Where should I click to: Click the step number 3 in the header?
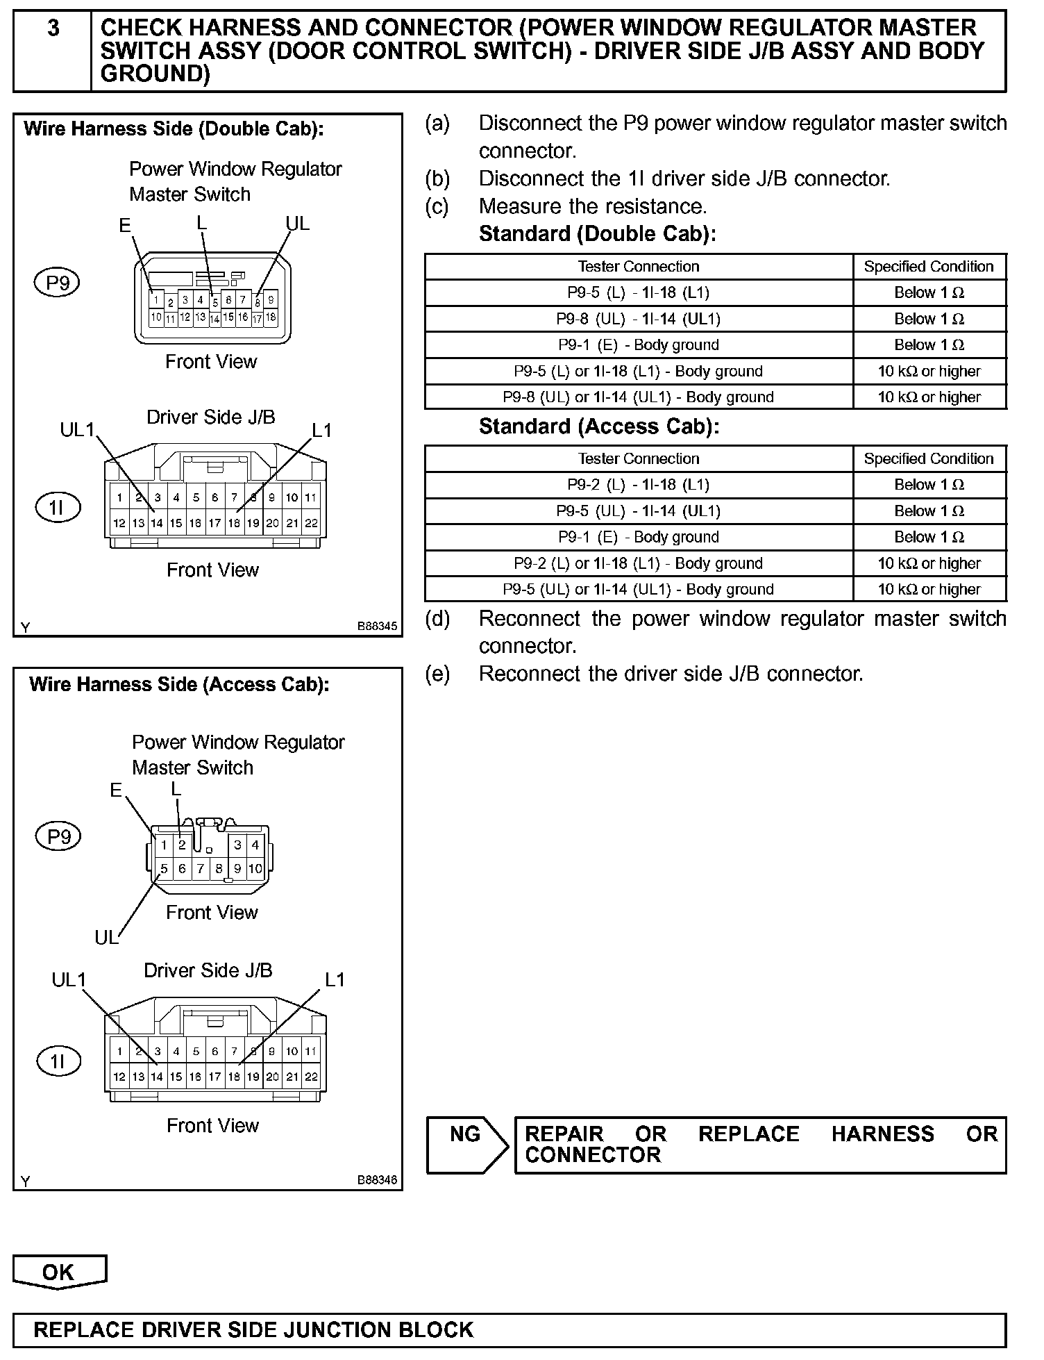[53, 29]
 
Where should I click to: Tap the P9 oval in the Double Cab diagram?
[58, 283]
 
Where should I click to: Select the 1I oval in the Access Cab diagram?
[58, 1061]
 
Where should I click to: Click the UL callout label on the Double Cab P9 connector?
[298, 224]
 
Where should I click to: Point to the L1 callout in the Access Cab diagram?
[335, 979]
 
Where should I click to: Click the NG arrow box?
[466, 1145]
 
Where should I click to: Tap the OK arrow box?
[59, 1272]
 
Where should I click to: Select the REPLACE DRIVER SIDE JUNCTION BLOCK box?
[509, 1330]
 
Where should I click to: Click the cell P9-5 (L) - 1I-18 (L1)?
[638, 293]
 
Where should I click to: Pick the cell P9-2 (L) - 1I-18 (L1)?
[638, 485]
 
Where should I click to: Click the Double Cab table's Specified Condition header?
[929, 267]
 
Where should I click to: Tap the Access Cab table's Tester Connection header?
[638, 459]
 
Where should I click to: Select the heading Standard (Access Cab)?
[598, 426]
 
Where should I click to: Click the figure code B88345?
[377, 627]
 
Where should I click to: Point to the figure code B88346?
[377, 1180]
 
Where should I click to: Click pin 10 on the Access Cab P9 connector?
[255, 868]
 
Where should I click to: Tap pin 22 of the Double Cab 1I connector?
[312, 523]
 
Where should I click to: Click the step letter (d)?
[437, 618]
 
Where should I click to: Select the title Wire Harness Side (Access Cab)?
[179, 684]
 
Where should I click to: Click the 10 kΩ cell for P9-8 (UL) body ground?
[929, 397]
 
